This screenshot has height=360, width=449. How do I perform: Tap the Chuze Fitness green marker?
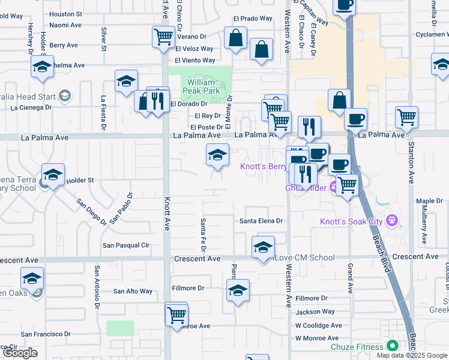pos(393,346)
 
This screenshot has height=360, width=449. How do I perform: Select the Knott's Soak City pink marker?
pos(393,221)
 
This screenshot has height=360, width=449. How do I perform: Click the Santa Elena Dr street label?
pos(261,221)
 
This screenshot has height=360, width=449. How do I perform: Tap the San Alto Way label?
pos(133,292)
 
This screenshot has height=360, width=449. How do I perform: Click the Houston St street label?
pos(65,14)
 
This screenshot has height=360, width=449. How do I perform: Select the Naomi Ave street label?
pos(65,25)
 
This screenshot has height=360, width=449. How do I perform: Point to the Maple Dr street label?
pos(429,201)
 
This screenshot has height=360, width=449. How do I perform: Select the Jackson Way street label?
pos(315,312)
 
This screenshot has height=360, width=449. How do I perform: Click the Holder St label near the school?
pos(80,180)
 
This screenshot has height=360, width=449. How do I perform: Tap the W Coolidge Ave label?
pos(318,326)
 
